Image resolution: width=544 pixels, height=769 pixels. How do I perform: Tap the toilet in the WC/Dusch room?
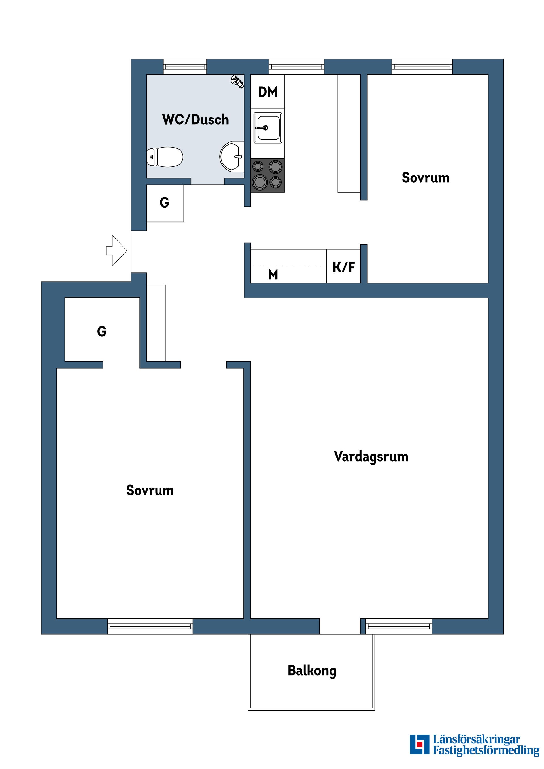coord(165,157)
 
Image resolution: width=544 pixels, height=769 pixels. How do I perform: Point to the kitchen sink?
coord(267,128)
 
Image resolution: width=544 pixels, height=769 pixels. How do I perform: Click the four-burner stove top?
coord(267,175)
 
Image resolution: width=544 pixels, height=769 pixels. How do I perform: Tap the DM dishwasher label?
coord(267,92)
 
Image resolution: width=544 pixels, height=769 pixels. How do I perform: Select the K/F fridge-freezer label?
coord(344,267)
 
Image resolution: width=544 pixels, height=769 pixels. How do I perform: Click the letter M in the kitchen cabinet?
coord(273,275)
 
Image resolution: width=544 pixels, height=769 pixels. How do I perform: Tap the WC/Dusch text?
coord(195,119)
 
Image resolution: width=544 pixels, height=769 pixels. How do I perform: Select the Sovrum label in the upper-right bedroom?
coord(425,178)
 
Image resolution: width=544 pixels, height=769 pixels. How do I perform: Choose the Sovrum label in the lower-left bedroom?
coord(150,491)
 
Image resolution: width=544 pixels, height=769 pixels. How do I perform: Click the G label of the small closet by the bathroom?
coord(164,203)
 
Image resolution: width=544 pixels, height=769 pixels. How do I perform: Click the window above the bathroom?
coord(185,67)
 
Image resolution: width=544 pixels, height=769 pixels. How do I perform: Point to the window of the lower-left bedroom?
coord(150,626)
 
